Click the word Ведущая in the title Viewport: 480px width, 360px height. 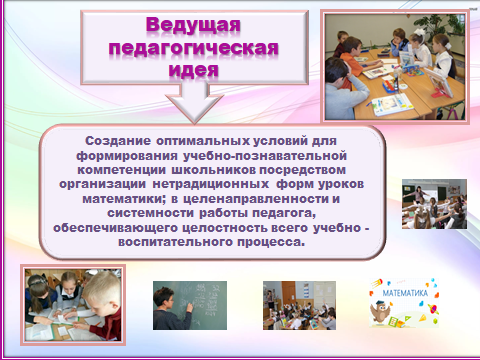(193, 25)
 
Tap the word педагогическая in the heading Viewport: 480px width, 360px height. (193, 48)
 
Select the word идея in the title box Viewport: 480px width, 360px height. (193, 69)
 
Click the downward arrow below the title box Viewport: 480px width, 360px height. (194, 102)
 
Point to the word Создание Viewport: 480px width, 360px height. (118, 141)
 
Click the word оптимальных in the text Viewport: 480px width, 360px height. (203, 141)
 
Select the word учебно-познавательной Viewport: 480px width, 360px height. (265, 156)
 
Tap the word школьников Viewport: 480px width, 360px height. (214, 170)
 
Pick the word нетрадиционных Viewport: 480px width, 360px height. (211, 184)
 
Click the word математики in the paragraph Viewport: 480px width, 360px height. (124, 199)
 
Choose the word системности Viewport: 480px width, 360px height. (150, 213)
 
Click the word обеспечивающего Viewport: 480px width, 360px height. (115, 228)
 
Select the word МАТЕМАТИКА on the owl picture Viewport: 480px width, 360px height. (405, 293)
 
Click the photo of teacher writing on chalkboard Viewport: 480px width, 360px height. (190, 305)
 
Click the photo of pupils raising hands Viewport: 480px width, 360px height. (299, 305)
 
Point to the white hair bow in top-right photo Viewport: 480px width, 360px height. (418, 32)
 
